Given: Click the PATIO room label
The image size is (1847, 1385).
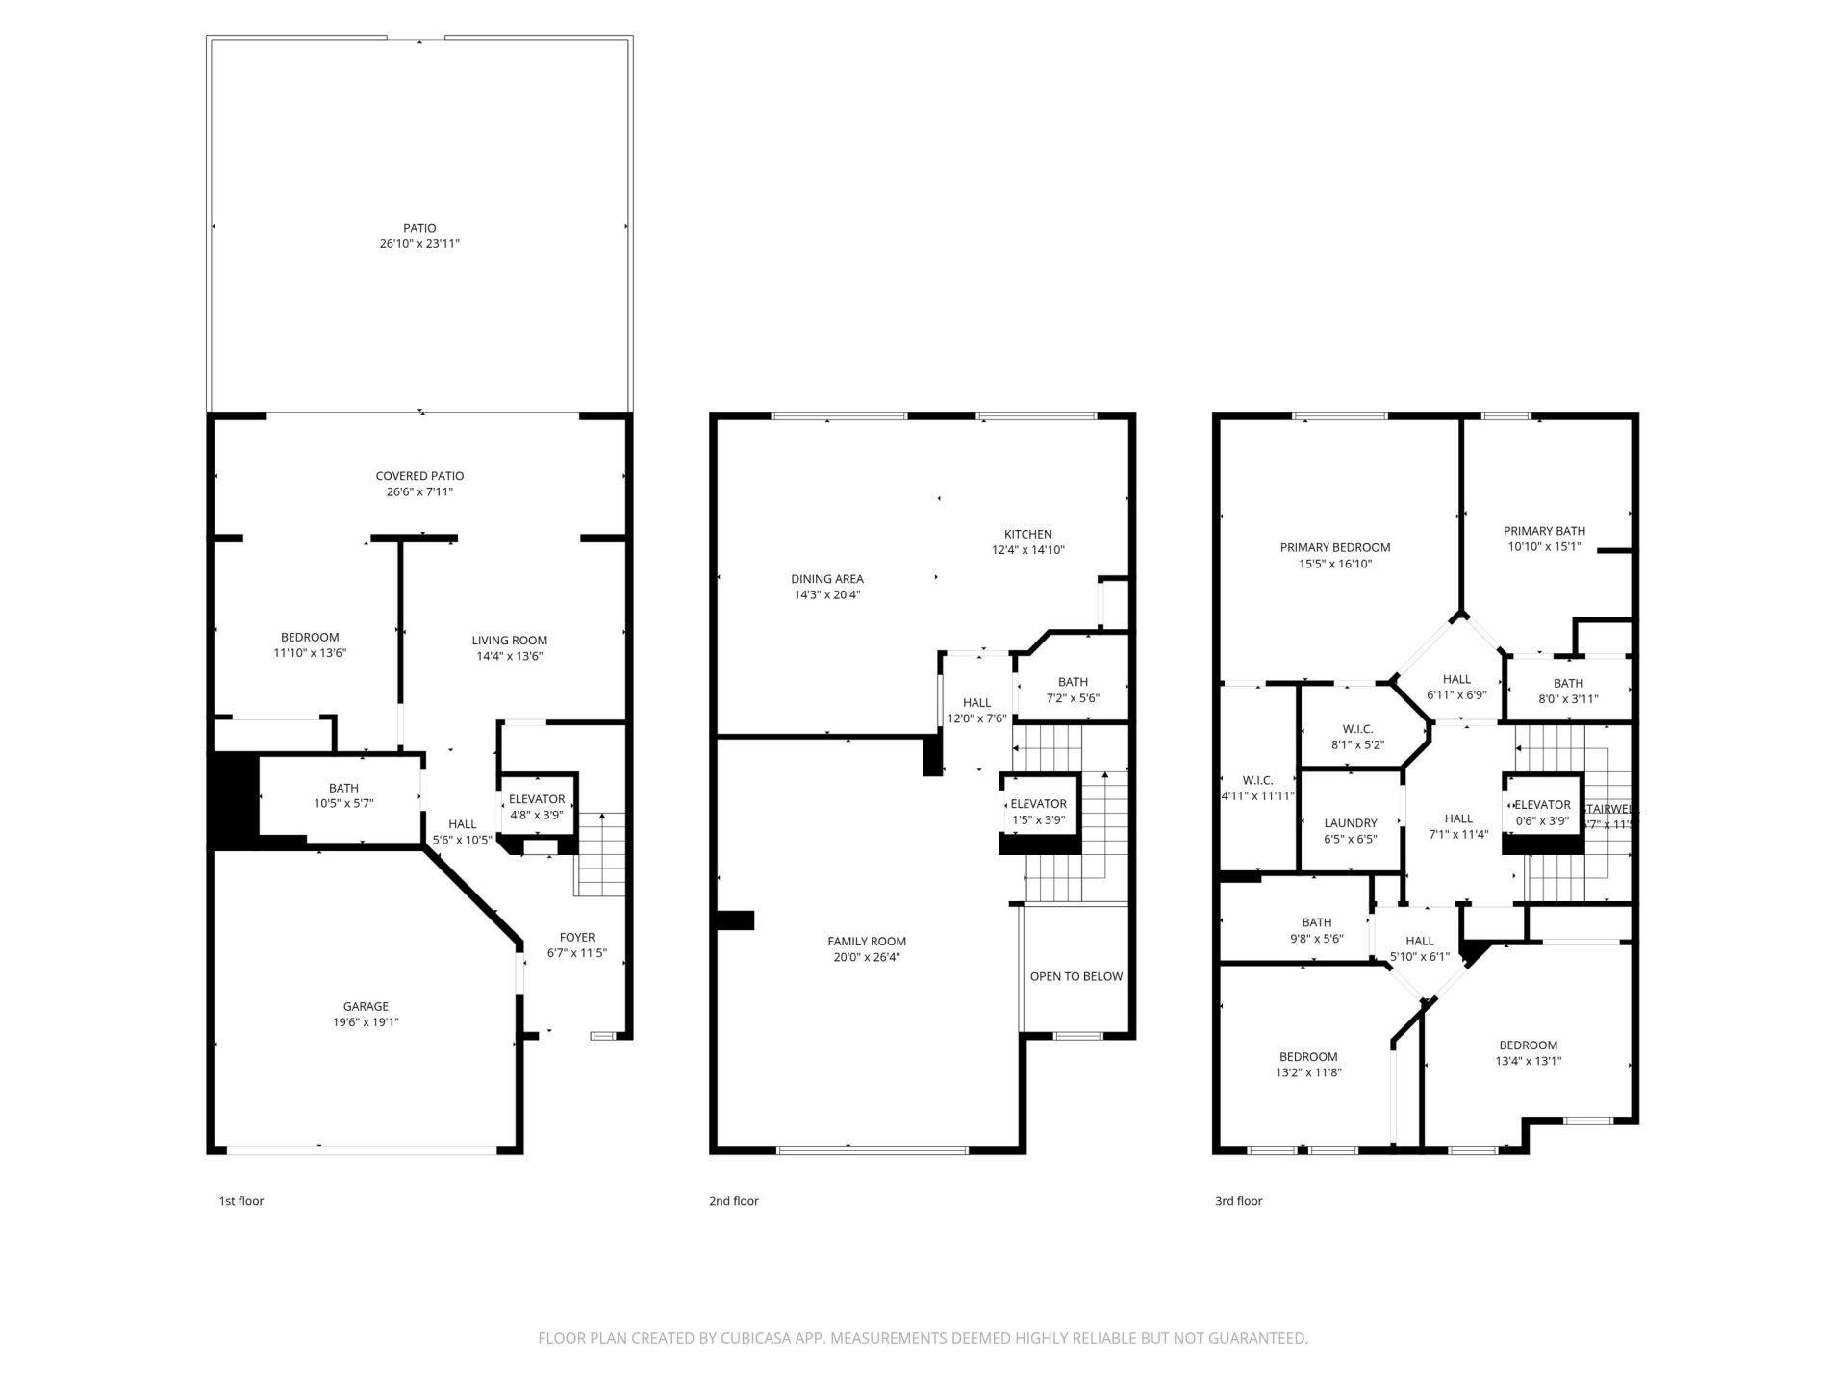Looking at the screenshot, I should [419, 228].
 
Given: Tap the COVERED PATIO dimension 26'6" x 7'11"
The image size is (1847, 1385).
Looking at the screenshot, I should [419, 492].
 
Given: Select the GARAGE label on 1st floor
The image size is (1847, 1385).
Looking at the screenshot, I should [366, 1006].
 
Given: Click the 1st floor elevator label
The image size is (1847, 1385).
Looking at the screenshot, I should [537, 799].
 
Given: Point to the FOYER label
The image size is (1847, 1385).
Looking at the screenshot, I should [577, 937].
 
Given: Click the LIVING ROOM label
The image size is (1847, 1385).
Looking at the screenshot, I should [509, 641].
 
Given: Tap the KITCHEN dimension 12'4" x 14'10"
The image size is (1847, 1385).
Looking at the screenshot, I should [1027, 550].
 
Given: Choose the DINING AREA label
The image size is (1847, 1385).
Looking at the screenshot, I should [826, 579].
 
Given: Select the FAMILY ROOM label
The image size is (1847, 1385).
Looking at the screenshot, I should [867, 942].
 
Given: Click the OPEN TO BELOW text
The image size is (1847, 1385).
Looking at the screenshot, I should [1075, 976].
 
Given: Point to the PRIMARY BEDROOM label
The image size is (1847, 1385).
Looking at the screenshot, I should [1334, 548].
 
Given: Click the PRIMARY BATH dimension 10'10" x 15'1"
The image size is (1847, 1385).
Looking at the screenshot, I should [1544, 547].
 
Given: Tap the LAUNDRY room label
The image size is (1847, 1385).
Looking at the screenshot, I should [1350, 823].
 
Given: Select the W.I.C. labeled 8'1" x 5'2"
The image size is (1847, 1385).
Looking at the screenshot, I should [1357, 729].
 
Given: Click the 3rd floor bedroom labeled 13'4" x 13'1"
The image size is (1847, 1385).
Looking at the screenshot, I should [1528, 1045].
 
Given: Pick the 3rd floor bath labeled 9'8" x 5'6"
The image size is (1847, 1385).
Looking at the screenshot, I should [1316, 922].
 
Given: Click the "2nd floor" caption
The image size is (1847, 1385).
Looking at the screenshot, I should [734, 1201].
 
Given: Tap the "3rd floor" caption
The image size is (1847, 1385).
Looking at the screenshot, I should [1238, 1201].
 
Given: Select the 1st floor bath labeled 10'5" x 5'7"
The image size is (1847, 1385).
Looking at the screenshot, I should [343, 788].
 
